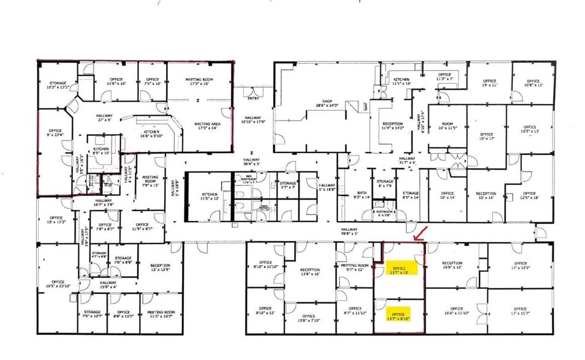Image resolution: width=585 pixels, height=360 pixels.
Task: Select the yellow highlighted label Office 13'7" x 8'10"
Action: (x=400, y=316)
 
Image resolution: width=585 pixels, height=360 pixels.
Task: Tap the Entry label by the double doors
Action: (x=252, y=98)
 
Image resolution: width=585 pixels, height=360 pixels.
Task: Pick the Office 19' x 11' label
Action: (x=488, y=83)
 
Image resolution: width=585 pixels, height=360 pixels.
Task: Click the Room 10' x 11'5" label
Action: (x=448, y=127)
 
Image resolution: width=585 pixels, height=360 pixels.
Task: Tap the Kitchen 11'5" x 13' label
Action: (x=209, y=196)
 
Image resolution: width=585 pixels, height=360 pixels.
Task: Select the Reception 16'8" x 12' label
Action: (x=452, y=266)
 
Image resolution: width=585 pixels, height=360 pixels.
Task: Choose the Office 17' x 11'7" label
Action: (x=520, y=311)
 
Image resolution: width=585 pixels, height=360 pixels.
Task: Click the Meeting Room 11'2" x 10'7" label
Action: (x=162, y=315)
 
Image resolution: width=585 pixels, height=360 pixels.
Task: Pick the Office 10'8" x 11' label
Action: (x=532, y=83)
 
